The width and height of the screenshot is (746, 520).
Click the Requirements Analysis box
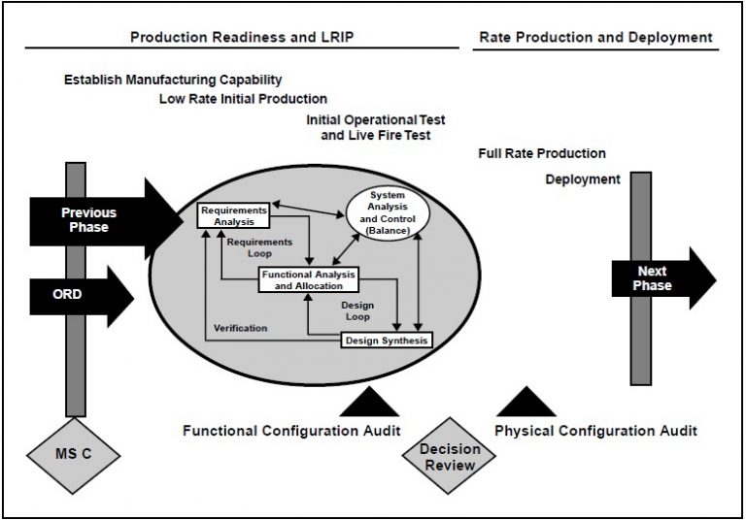point(234,215)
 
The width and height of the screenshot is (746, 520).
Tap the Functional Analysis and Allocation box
point(308,279)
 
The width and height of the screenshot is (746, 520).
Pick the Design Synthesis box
point(386,340)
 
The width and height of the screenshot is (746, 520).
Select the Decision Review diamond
point(448,458)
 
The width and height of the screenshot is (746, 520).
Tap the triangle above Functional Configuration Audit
point(369,403)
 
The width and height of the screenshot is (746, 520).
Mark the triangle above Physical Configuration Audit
point(525,403)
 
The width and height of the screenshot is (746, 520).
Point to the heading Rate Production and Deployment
point(596,37)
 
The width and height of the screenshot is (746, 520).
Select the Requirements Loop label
point(258,247)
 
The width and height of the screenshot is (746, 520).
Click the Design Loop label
point(356,310)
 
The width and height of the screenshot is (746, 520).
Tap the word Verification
point(240,328)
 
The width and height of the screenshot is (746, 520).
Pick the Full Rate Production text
point(542,153)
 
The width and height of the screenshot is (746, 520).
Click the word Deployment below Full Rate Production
point(582,179)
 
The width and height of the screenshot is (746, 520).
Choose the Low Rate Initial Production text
point(243,98)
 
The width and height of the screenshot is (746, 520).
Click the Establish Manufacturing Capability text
point(172,79)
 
